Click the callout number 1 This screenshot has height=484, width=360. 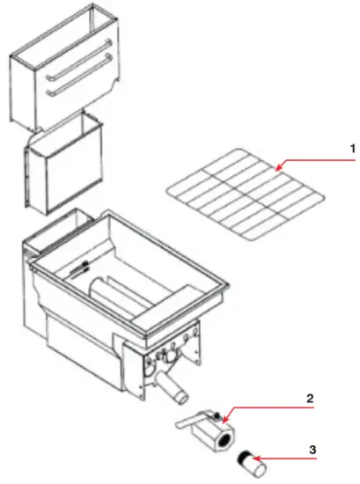pyautogui.click(x=328, y=150)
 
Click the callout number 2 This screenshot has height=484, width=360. pyautogui.click(x=309, y=398)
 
